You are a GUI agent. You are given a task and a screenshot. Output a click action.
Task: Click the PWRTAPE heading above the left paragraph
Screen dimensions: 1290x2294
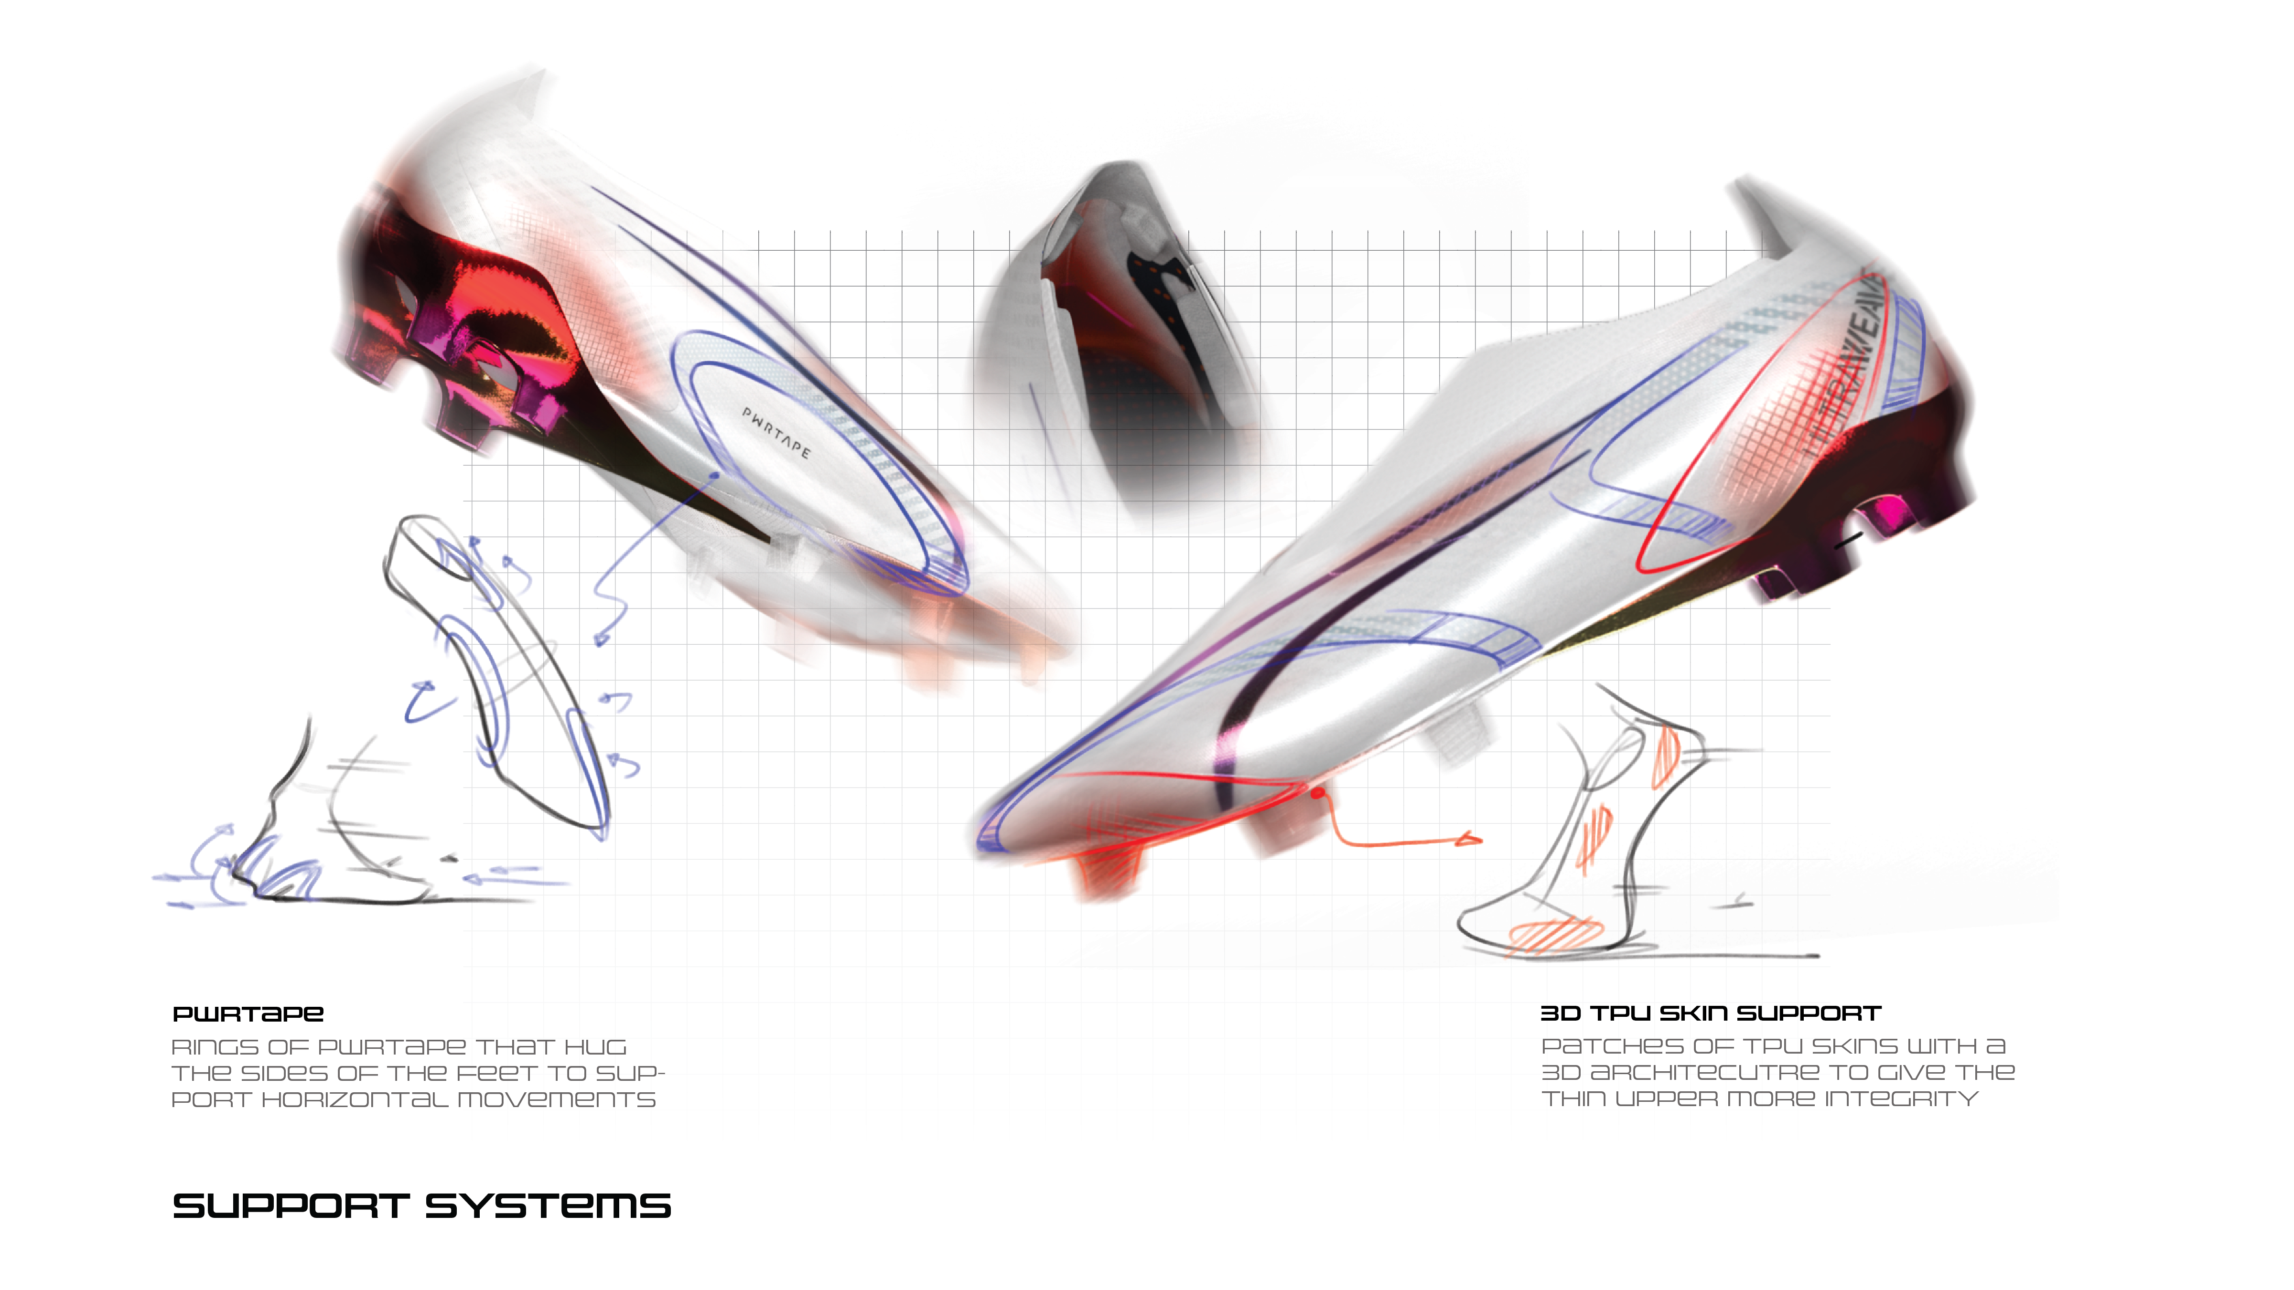tap(248, 1014)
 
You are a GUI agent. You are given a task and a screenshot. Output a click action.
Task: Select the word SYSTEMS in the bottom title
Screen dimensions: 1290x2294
tap(548, 1207)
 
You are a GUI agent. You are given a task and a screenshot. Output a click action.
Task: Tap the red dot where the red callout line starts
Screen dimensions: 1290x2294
tap(1317, 790)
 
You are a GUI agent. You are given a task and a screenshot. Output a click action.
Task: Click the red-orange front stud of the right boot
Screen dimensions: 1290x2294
tap(1109, 868)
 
